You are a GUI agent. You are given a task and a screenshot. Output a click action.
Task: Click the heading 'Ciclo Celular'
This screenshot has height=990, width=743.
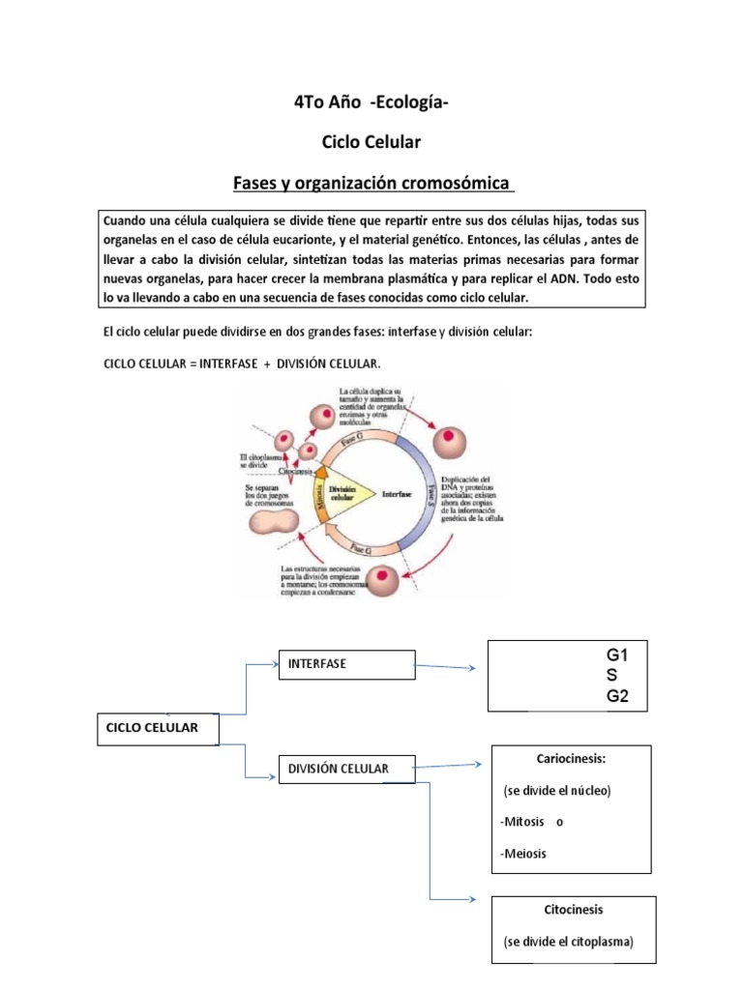371,143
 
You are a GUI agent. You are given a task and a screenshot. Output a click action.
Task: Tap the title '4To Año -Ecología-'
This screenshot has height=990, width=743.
371,105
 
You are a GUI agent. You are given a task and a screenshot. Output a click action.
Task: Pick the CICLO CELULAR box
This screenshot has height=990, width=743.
158,729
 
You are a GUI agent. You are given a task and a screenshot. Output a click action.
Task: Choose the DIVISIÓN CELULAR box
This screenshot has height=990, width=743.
345,770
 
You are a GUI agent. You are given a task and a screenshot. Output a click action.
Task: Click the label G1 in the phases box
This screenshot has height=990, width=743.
617,655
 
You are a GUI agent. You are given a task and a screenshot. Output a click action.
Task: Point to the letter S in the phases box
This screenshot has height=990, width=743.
611,675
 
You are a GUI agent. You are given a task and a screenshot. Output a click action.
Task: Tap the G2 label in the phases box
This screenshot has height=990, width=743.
617,695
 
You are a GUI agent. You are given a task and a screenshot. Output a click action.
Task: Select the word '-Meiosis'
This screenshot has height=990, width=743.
523,853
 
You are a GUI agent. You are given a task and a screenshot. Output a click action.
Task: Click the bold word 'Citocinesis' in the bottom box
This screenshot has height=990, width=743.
574,910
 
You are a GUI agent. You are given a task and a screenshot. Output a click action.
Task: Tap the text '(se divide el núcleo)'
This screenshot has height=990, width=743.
558,791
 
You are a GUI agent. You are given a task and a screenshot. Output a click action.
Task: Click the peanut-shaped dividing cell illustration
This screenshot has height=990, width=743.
276,523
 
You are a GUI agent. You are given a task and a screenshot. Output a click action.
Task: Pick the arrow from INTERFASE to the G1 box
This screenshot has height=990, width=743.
445,667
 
